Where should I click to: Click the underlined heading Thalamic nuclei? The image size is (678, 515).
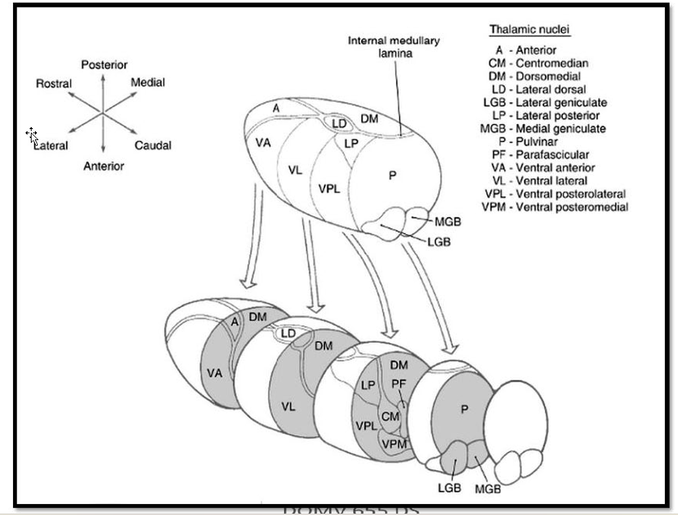530,30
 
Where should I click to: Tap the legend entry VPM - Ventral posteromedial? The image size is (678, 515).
555,207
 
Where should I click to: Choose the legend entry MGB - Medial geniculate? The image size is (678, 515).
543,128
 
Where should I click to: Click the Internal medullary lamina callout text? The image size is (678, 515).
394,47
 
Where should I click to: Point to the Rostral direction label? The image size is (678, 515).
54,84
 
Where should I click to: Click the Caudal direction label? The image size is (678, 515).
152,146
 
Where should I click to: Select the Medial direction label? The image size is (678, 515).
148,82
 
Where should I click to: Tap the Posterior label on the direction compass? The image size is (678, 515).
104,65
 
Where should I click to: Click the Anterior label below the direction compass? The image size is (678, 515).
104,166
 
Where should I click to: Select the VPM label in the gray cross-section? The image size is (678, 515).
394,444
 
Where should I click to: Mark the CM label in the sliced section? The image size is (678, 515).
390,416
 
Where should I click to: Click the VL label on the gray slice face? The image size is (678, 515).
288,407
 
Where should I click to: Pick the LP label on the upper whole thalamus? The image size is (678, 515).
351,143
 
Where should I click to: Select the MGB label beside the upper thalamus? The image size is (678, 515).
447,222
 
